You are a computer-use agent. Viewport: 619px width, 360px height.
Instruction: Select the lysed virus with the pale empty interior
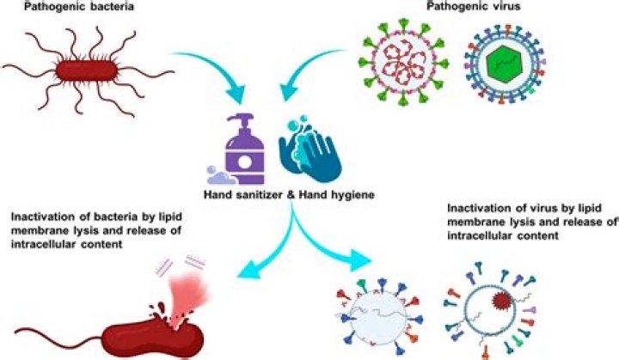point(373,318)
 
